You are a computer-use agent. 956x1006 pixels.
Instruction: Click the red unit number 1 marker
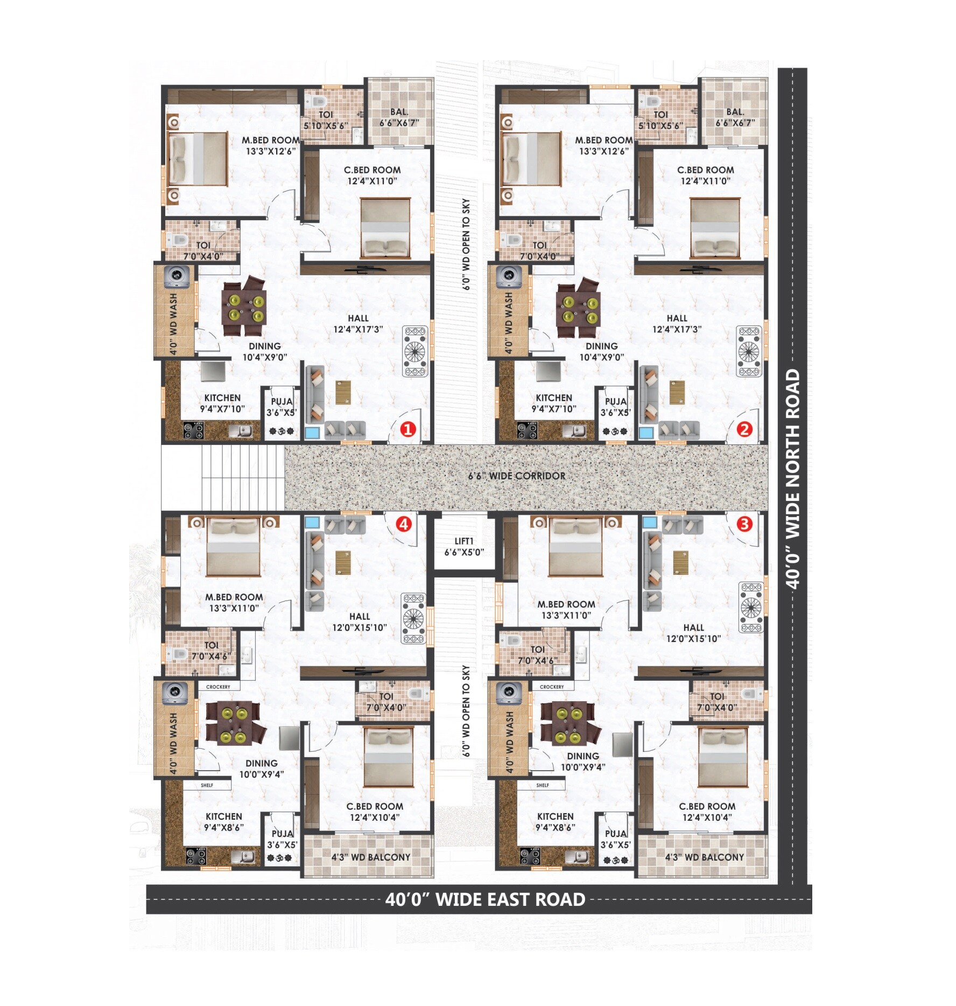[407, 429]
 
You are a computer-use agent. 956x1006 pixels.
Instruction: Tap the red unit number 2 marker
[744, 429]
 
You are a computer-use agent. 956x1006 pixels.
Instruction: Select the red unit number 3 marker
[744, 523]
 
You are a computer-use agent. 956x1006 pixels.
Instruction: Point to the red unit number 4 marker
[404, 523]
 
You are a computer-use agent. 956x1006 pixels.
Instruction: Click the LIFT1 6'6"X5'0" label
[464, 547]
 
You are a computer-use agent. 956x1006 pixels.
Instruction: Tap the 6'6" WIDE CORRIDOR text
[517, 476]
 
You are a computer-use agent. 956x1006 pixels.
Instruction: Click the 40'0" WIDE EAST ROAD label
[485, 900]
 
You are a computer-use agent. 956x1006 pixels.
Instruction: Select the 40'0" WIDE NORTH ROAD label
[792, 478]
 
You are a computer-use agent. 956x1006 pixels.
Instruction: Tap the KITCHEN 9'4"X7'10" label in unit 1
[222, 403]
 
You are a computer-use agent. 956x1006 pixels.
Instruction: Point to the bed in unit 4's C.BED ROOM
[389, 757]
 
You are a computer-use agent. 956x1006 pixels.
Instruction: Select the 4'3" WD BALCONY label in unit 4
[370, 857]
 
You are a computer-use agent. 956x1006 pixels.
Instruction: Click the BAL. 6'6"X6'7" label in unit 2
[735, 117]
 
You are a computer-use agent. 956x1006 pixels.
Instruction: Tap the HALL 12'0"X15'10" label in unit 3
[693, 633]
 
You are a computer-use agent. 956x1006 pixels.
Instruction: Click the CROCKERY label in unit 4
[218, 687]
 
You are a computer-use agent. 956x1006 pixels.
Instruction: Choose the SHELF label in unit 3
[543, 785]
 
